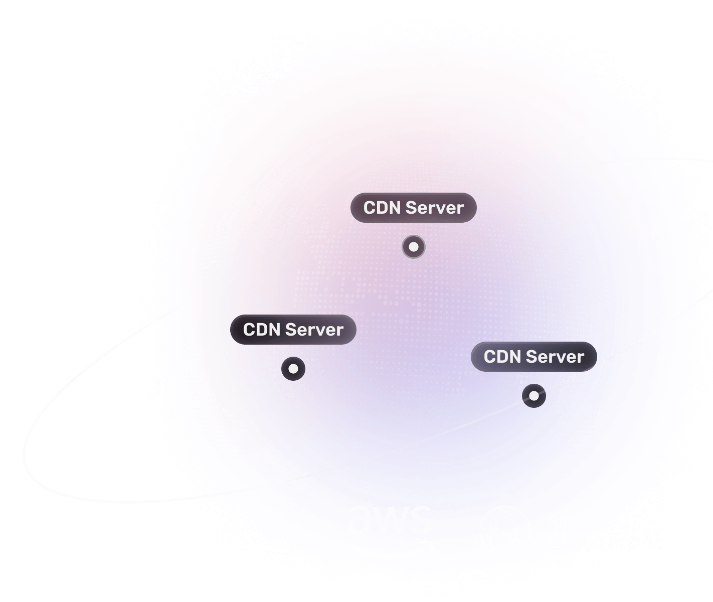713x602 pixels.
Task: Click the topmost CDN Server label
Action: click(413, 208)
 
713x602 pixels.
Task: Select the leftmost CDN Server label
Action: click(293, 330)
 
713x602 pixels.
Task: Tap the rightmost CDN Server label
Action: click(533, 357)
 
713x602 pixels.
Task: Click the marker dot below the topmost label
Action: click(414, 247)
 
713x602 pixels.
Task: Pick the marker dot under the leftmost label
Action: click(293, 369)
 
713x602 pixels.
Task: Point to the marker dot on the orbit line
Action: click(534, 396)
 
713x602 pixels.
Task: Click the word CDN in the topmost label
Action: click(382, 208)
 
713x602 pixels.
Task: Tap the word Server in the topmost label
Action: click(435, 208)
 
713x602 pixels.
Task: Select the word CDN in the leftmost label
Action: click(261, 330)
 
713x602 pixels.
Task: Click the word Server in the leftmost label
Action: click(314, 330)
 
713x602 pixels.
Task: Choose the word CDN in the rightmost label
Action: click(502, 357)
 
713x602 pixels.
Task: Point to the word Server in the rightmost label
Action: click(555, 357)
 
